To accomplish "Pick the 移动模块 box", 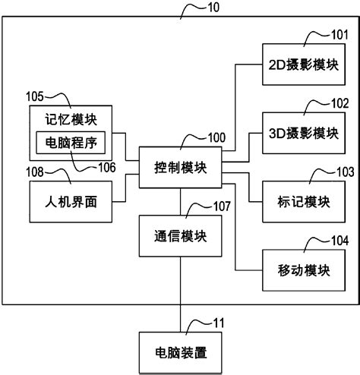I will (301, 270).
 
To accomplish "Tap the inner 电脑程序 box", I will (72, 142).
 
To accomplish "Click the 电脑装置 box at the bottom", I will (181, 353).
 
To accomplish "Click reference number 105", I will (36, 96).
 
